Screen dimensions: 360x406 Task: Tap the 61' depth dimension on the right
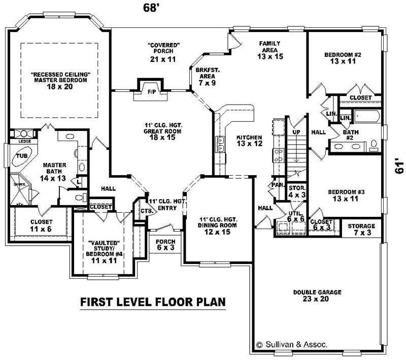point(399,168)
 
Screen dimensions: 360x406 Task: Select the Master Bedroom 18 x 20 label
point(60,80)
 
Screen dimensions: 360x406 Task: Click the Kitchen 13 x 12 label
point(249,141)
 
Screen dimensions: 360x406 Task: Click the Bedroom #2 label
point(343,57)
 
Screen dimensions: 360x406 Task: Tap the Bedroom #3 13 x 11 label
point(346,195)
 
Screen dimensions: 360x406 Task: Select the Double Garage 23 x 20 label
point(317,296)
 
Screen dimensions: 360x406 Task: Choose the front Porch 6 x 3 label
point(165,245)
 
